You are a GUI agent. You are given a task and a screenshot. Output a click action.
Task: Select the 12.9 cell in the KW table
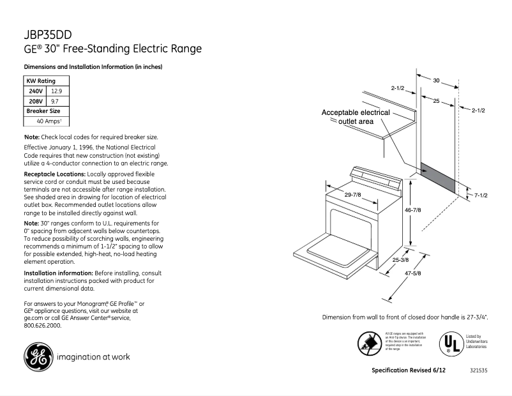pos(56,91)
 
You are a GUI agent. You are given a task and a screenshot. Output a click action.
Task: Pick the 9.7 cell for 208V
pos(55,101)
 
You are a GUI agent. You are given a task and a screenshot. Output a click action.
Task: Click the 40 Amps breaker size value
pos(49,121)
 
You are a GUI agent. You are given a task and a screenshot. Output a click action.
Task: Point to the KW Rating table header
pos(40,81)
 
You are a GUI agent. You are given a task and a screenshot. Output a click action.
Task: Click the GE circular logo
pos(38,356)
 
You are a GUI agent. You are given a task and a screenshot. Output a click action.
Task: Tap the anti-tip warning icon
pos(369,344)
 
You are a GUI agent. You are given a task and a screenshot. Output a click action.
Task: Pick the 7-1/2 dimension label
pos(480,195)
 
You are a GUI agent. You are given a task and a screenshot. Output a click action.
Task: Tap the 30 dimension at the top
pos(437,81)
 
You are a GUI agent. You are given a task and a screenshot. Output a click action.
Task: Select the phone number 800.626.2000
pos(42,325)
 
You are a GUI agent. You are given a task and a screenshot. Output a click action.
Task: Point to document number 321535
pos(478,371)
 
